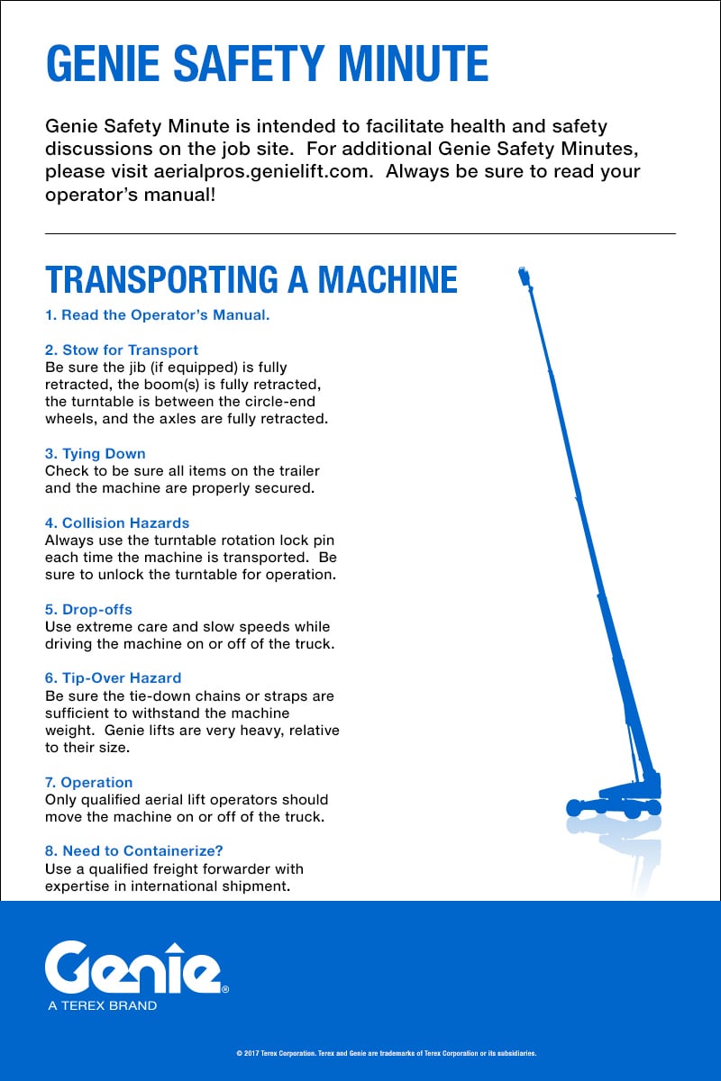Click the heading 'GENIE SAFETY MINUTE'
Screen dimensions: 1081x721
[x=267, y=64]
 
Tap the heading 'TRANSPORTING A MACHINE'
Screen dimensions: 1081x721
[x=251, y=280]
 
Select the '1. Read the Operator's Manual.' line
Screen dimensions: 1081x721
[x=158, y=315]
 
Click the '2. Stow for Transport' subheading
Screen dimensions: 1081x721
[x=122, y=350]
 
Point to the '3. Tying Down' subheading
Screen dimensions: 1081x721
[x=95, y=453]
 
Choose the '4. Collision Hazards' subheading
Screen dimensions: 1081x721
[x=117, y=522]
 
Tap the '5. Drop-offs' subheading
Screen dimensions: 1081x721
[x=88, y=609]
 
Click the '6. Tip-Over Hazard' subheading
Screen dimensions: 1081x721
[x=113, y=677]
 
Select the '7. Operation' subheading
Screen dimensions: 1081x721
[x=89, y=782]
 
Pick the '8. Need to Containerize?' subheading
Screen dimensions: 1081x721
[x=133, y=850]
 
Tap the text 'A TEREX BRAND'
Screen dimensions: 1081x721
[x=102, y=1005]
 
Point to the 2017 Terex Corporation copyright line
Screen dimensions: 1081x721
[x=386, y=1052]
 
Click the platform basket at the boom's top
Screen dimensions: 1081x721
[x=523, y=276]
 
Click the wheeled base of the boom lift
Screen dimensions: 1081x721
[x=613, y=802]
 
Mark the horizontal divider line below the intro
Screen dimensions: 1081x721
[x=360, y=234]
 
